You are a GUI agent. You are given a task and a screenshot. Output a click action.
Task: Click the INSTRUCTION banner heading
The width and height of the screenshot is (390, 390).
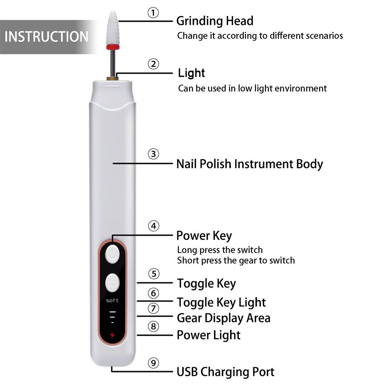(46, 37)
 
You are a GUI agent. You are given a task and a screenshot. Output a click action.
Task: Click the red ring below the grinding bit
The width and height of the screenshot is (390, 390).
(112, 47)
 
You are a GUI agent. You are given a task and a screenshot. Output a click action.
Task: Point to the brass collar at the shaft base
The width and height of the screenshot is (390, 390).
(112, 78)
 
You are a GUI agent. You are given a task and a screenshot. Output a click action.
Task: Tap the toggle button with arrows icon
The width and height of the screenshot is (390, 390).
(112, 283)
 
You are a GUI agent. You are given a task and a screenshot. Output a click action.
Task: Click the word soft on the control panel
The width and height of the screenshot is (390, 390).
(112, 301)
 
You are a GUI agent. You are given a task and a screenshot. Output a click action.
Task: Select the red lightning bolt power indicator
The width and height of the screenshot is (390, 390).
(112, 335)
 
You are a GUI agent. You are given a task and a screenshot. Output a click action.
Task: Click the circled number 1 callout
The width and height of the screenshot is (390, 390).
(153, 13)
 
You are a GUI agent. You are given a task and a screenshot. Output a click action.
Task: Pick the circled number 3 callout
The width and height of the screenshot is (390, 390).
(154, 154)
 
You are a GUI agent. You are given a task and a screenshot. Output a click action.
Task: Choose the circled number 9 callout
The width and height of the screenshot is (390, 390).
(154, 363)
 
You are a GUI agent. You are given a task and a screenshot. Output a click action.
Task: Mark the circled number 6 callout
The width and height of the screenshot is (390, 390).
(154, 293)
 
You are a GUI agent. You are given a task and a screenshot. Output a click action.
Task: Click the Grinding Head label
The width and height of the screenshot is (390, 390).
(214, 21)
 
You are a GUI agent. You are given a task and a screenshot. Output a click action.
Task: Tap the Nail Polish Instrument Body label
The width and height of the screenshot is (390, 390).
(250, 164)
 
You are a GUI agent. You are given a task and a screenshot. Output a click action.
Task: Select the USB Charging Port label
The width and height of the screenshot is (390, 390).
(225, 372)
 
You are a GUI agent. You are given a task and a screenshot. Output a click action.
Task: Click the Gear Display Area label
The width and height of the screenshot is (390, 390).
(223, 318)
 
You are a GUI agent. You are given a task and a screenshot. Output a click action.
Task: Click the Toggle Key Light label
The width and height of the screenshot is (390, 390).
(221, 302)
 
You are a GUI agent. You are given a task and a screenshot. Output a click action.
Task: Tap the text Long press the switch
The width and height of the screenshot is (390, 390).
(220, 250)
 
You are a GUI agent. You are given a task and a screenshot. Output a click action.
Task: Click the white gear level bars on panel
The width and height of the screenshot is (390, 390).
(112, 317)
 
